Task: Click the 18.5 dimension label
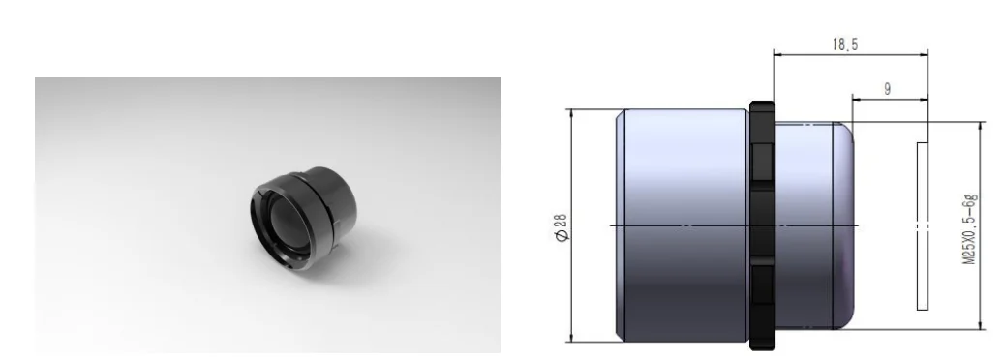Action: pos(845,45)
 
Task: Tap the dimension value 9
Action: pos(887,90)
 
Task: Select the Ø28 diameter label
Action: pos(561,227)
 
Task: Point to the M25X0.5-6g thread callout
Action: pos(970,229)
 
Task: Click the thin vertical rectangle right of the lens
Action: pos(923,225)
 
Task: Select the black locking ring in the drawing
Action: pos(762,225)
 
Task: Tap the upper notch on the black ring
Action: pos(762,163)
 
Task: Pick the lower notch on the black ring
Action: pos(762,285)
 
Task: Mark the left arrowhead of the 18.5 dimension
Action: pos(778,54)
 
